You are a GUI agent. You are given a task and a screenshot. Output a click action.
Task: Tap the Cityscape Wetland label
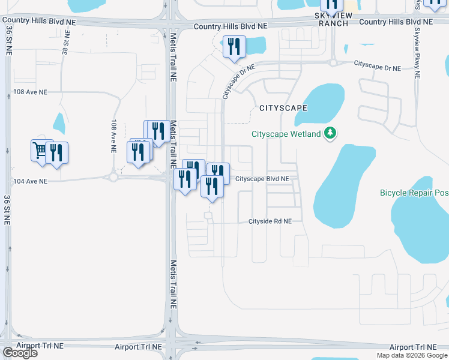[x=286, y=134]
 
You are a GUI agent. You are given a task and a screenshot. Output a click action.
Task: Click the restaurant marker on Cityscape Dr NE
[x=234, y=47]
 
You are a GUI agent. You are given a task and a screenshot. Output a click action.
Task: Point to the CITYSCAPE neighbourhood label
[x=283, y=108]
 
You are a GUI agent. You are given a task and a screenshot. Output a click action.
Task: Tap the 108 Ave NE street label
[x=30, y=92]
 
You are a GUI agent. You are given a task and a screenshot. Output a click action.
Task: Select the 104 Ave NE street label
[x=30, y=181]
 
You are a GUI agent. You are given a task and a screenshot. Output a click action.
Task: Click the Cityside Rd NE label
[x=270, y=221]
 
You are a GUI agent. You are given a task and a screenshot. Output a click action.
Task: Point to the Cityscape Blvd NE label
[x=262, y=179]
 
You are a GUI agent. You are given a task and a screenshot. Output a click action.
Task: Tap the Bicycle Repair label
[x=414, y=193]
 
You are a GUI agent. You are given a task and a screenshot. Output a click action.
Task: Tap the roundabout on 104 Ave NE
[x=113, y=177]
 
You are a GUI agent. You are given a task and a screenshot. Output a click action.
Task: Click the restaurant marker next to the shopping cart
[x=57, y=152]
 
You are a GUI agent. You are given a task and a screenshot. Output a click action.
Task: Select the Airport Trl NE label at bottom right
[x=414, y=347]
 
